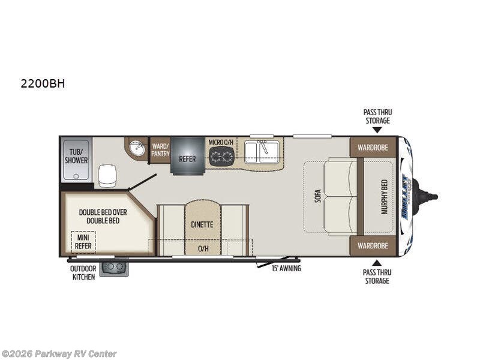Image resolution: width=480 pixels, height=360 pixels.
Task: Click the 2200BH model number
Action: (43, 84)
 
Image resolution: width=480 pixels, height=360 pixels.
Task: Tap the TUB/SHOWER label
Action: (76, 156)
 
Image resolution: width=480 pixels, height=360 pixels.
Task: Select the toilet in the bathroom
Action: (107, 175)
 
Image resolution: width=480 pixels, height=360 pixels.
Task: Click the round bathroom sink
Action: (138, 148)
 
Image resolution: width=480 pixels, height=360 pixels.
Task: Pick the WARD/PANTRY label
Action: (160, 149)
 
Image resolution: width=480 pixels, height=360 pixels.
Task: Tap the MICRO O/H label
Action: (220, 142)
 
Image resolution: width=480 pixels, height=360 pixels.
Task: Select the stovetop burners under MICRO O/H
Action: (221, 157)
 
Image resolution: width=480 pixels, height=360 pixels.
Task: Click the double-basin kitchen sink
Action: (261, 152)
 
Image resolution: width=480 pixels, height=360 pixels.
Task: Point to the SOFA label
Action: (317, 195)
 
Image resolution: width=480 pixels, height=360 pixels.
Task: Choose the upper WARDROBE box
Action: (373, 147)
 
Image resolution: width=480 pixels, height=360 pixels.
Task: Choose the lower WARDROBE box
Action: (373, 245)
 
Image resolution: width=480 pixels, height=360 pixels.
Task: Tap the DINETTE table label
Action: (202, 224)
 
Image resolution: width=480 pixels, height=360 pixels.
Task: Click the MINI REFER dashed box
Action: (83, 242)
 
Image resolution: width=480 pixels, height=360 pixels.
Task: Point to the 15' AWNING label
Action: (286, 268)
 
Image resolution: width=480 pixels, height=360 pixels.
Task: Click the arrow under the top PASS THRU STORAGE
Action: (377, 130)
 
